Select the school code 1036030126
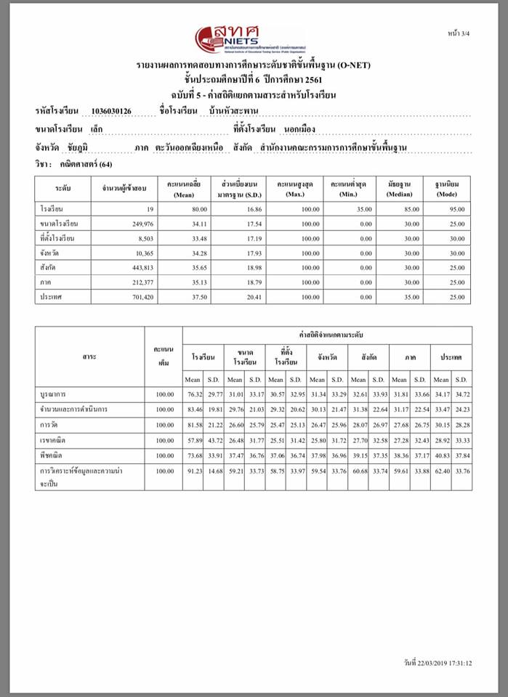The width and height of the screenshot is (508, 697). point(111,111)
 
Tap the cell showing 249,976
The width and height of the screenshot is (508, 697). point(140,224)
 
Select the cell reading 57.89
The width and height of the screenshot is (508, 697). point(193,440)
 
